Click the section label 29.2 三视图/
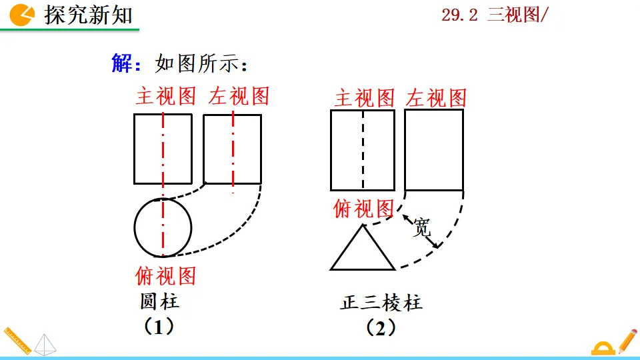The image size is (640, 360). pyautogui.click(x=494, y=15)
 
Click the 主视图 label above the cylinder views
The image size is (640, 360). pyautogui.click(x=166, y=96)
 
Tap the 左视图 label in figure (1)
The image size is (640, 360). pyautogui.click(x=239, y=96)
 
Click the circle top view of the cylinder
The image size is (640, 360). pyautogui.click(x=163, y=227)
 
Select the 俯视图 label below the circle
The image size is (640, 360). pyautogui.click(x=165, y=275)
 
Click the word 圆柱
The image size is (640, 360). pyautogui.click(x=159, y=301)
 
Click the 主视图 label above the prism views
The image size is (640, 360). pyautogui.click(x=364, y=99)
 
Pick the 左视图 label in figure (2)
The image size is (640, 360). pyautogui.click(x=435, y=99)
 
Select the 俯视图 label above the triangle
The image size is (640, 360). pyautogui.click(x=363, y=209)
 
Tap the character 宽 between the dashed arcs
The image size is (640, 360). pyautogui.click(x=421, y=228)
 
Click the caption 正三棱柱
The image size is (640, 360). pyautogui.click(x=381, y=303)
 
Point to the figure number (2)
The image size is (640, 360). pyautogui.click(x=381, y=328)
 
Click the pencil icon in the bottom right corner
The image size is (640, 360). pyautogui.click(x=627, y=341)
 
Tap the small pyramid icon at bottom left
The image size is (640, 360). pyautogui.click(x=45, y=344)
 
